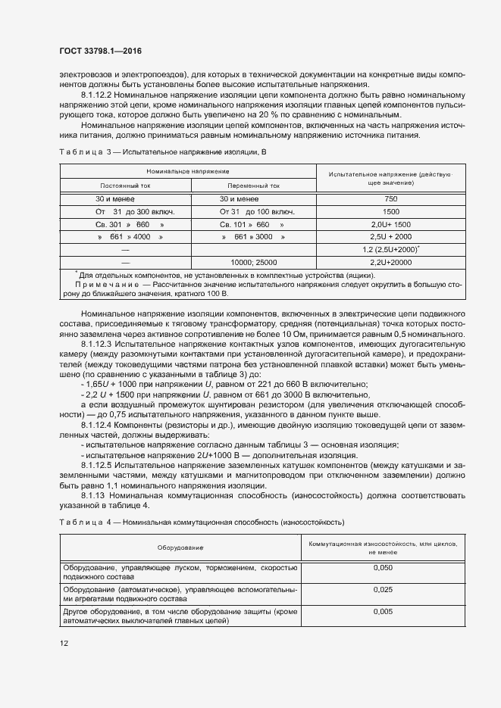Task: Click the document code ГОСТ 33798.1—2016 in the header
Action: [x=100, y=51]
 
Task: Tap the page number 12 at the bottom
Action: [x=64, y=643]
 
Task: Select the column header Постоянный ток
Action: [x=126, y=186]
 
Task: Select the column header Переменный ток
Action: [x=253, y=186]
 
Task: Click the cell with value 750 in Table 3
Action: [x=391, y=198]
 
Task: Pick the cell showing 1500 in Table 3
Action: [x=391, y=211]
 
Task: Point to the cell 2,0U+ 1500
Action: [x=391, y=224]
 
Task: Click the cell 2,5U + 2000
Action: [x=391, y=237]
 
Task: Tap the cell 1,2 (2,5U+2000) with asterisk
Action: [x=391, y=249]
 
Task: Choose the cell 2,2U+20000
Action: [x=391, y=262]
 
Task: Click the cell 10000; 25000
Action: [x=253, y=262]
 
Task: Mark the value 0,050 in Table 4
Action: [x=383, y=567]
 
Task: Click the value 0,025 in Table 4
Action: [x=383, y=589]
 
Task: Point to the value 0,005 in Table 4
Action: [x=383, y=611]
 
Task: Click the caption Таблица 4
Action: [x=83, y=522]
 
